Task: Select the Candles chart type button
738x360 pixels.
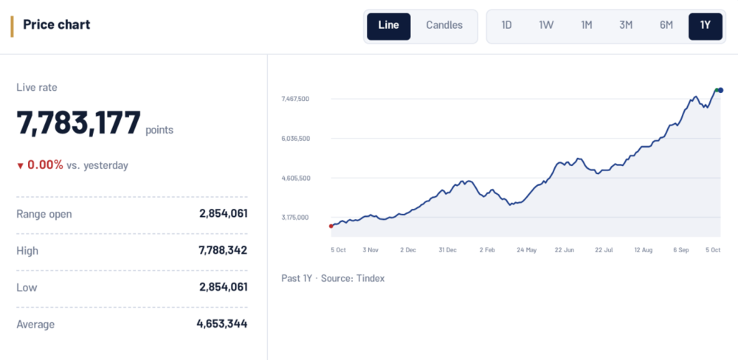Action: (x=444, y=25)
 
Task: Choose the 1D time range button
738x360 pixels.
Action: (x=506, y=25)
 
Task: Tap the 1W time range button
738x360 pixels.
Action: (x=546, y=25)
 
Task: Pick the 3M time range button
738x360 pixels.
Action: (x=626, y=25)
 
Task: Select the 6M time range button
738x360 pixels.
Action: (x=666, y=25)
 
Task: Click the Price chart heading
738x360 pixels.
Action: (x=57, y=24)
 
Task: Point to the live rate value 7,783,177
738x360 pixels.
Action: (x=79, y=122)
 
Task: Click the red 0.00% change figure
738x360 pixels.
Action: (x=45, y=165)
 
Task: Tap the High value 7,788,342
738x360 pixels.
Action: (x=223, y=250)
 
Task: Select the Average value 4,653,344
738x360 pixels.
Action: (x=222, y=324)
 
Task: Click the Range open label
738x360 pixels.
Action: (x=44, y=215)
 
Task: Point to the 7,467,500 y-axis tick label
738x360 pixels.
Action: (x=295, y=99)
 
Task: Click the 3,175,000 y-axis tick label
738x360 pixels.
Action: (x=295, y=218)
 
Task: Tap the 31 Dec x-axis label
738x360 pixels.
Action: (x=448, y=250)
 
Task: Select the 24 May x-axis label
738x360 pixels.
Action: (x=526, y=250)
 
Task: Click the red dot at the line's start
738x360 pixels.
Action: (x=331, y=226)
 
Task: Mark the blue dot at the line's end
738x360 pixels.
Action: (x=720, y=90)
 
